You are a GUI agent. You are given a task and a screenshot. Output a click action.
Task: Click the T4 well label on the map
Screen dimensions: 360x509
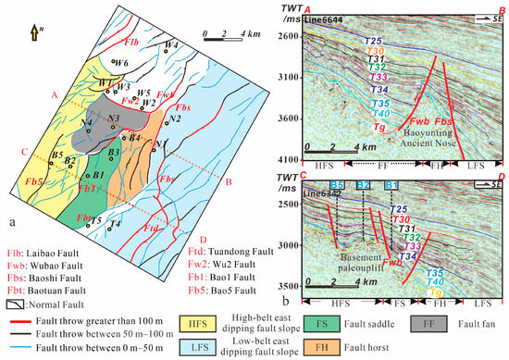(x=114, y=224)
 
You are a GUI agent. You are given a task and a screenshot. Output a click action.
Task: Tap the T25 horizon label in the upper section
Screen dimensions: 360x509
(x=373, y=42)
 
